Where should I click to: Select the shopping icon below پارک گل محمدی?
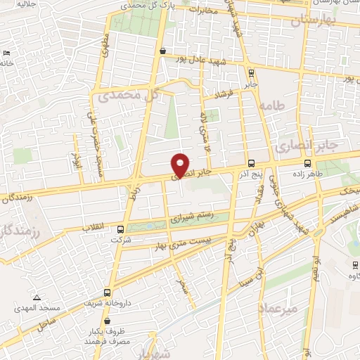(163, 51)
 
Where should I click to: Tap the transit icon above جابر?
(251, 72)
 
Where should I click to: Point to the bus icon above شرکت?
(121, 229)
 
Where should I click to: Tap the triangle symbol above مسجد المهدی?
(36, 297)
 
